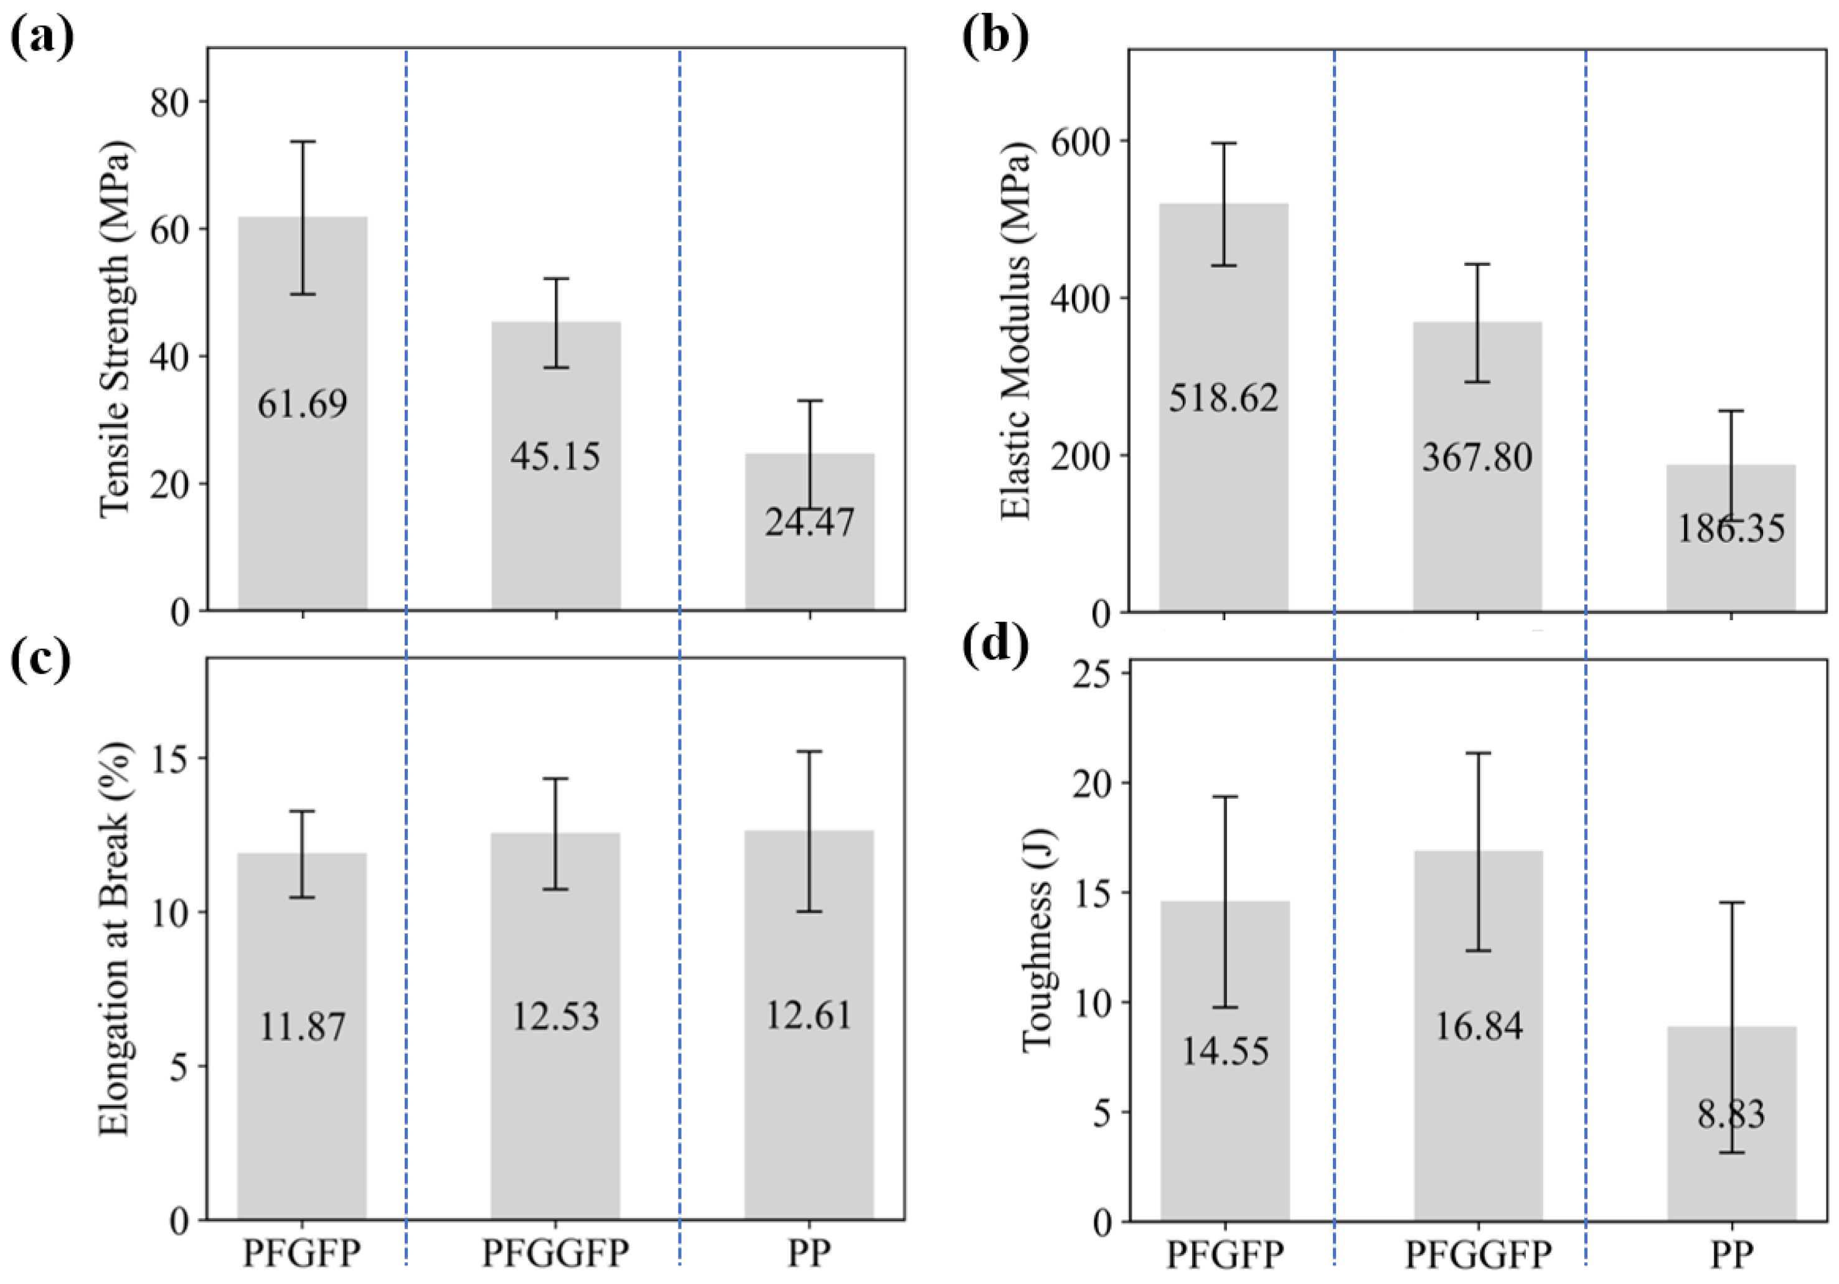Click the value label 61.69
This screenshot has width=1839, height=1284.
pyautogui.click(x=303, y=404)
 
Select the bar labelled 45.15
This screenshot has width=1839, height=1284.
pyautogui.click(x=556, y=466)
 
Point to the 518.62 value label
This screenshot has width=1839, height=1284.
pyautogui.click(x=1223, y=398)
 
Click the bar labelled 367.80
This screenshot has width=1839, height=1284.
pyautogui.click(x=1477, y=467)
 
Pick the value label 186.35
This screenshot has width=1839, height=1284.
pyautogui.click(x=1731, y=529)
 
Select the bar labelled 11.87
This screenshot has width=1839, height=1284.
pyautogui.click(x=302, y=1037)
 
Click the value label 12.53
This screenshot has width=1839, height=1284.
pyautogui.click(x=556, y=1016)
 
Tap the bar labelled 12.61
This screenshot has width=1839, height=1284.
pyautogui.click(x=809, y=1026)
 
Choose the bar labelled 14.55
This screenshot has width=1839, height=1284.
pyautogui.click(x=1225, y=1061)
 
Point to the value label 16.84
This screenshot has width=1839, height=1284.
pyautogui.click(x=1479, y=1026)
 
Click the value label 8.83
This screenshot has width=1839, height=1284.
pyautogui.click(x=1731, y=1113)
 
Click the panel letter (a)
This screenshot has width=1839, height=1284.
pyautogui.click(x=42, y=36)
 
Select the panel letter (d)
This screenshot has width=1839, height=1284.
pyautogui.click(x=995, y=646)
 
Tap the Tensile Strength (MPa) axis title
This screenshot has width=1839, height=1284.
pyautogui.click(x=116, y=330)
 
